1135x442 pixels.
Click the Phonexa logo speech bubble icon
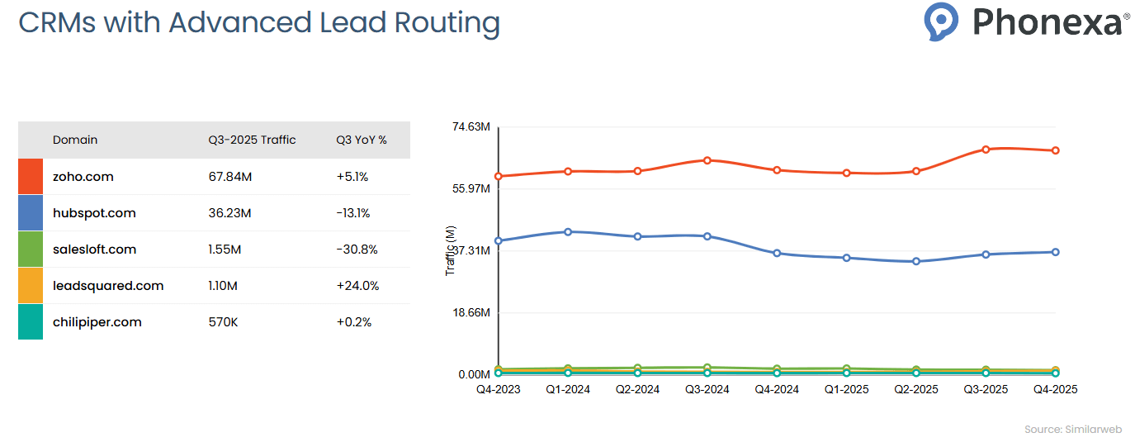941,21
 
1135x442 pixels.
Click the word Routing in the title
447,22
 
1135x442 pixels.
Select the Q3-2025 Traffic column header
252,140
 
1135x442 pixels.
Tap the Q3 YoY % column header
361,140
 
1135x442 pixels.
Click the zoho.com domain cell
83,177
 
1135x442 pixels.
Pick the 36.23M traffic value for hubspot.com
229,213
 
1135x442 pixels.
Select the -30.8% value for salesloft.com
357,250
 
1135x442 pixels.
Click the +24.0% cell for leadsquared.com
357,286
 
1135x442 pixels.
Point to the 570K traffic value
223,322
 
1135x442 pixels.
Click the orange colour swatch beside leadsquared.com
31,286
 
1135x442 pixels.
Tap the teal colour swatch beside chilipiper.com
31,322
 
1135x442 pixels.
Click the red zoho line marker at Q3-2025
986,150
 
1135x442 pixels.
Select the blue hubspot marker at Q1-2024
568,231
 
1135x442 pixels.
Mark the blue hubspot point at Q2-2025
916,261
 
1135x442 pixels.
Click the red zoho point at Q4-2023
499,176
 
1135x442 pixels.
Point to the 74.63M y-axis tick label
471,127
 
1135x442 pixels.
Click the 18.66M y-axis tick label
471,313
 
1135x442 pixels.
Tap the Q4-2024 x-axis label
777,389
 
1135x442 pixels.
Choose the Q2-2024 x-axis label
637,389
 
